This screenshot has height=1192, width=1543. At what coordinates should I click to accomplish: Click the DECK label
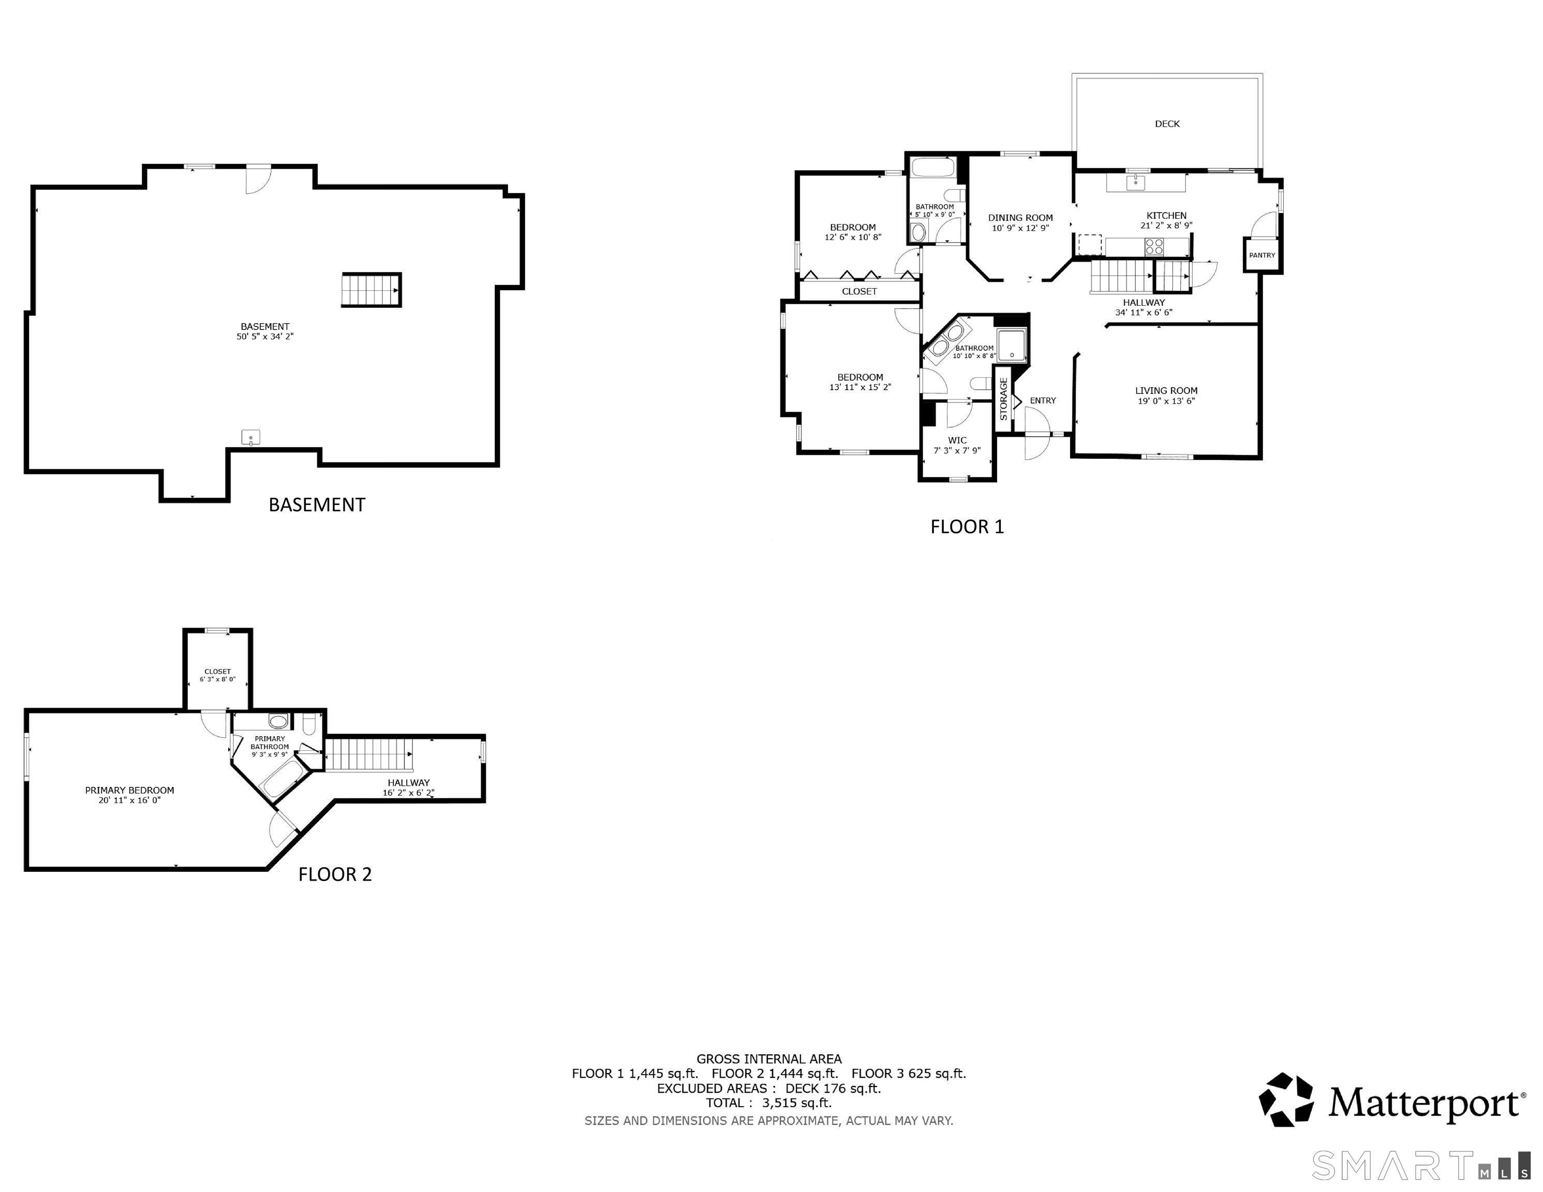[1167, 124]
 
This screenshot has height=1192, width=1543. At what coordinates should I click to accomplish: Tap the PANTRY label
[1262, 255]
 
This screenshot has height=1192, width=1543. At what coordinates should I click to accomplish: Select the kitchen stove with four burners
[1154, 247]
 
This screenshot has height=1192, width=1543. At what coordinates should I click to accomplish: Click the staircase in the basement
[372, 290]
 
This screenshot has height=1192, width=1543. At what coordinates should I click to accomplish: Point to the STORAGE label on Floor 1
[1003, 400]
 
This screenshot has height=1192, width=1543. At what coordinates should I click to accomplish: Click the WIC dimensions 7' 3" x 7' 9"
[957, 451]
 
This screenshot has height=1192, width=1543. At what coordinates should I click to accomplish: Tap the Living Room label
[1166, 391]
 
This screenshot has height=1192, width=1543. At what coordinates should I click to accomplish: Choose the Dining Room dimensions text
[1020, 228]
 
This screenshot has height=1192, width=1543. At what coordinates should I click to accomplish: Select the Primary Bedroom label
[129, 790]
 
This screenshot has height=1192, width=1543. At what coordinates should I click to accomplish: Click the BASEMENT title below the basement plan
[317, 504]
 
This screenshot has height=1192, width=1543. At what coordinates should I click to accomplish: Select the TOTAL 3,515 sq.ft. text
[769, 1102]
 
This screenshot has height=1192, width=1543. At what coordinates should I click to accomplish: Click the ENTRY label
[1043, 400]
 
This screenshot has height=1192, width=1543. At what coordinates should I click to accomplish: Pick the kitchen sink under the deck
[1135, 182]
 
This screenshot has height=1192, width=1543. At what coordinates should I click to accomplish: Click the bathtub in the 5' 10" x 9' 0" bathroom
[932, 168]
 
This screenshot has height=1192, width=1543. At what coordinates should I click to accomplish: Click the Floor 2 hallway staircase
[369, 754]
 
